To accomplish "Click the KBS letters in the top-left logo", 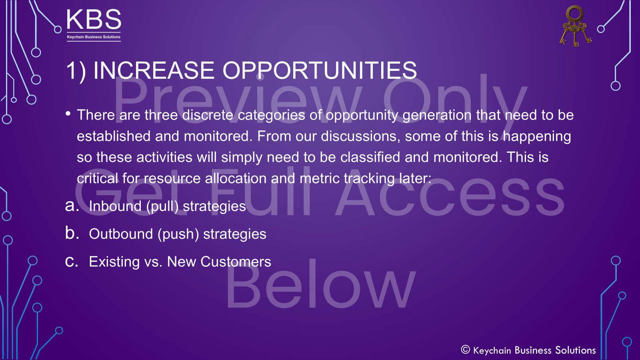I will coord(94,20).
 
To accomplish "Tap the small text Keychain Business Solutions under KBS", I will coord(94,37).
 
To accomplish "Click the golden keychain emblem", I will coord(575,26).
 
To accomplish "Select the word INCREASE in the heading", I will coord(154,71).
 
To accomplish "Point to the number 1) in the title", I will coord(76,71).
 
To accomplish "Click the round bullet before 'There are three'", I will coord(68,114).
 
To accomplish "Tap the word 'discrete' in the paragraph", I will coord(208,115).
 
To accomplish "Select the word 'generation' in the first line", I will coord(437,115).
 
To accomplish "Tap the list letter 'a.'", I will coord(72,206).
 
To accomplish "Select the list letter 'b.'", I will coord(72,233).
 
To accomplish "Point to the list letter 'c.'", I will coord(72,261).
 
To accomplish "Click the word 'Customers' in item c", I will coord(236,262).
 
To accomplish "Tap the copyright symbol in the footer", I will coord(465,350).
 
